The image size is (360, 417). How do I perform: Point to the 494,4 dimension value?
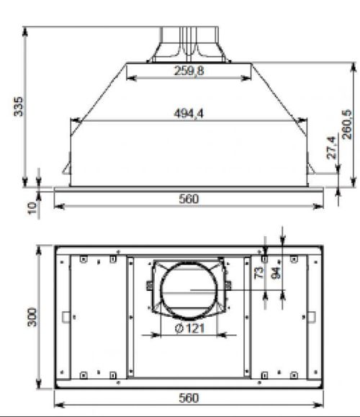point(189,113)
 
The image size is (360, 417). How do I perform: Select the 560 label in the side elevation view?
point(189,199)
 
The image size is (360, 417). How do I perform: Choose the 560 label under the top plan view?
point(189,397)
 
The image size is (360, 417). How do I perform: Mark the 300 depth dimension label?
point(31,317)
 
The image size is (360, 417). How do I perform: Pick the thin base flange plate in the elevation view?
point(189,189)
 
